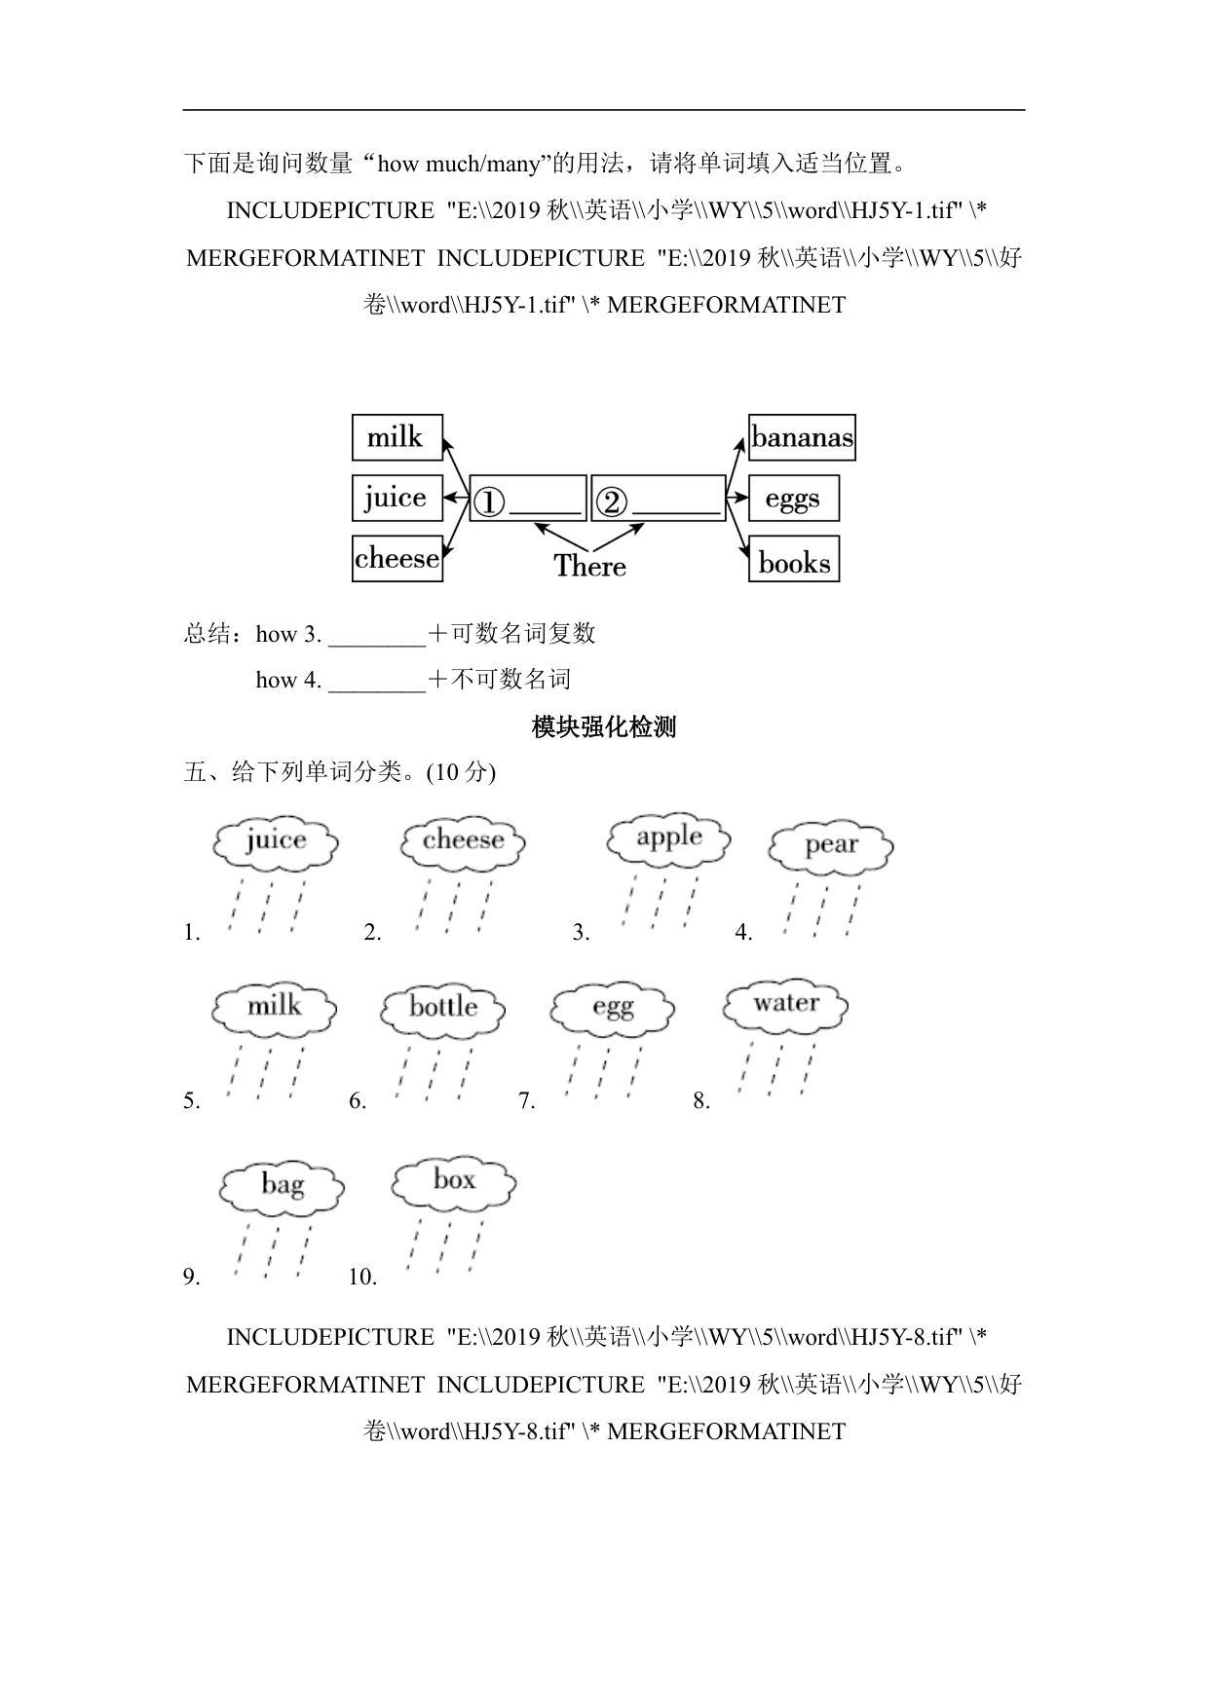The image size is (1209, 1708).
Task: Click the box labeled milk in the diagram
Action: tap(397, 437)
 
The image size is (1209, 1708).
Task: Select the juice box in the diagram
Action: tap(397, 499)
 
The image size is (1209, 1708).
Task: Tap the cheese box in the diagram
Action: tap(397, 559)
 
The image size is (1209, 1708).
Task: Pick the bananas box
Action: tap(802, 437)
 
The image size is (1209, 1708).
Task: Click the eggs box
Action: tap(793, 499)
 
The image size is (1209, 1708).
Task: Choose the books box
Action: tap(793, 560)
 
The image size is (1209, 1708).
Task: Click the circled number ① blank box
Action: tap(528, 500)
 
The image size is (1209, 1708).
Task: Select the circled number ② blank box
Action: tap(658, 500)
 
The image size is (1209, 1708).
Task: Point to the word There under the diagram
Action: tap(589, 566)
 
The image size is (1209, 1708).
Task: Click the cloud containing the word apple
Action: tap(668, 838)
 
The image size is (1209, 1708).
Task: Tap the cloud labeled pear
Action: tap(831, 846)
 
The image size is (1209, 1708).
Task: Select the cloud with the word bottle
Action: tap(443, 1008)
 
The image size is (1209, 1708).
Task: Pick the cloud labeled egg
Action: tap(612, 1009)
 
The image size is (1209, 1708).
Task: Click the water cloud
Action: tap(785, 1004)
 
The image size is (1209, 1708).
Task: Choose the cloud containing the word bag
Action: tap(282, 1186)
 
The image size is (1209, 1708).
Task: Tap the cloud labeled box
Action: tap(453, 1182)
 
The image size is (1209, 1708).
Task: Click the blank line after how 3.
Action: tap(377, 636)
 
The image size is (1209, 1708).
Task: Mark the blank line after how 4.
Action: tap(377, 682)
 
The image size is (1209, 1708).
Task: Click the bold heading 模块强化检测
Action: tap(604, 726)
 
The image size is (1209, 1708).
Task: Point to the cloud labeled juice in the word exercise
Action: tap(276, 841)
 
